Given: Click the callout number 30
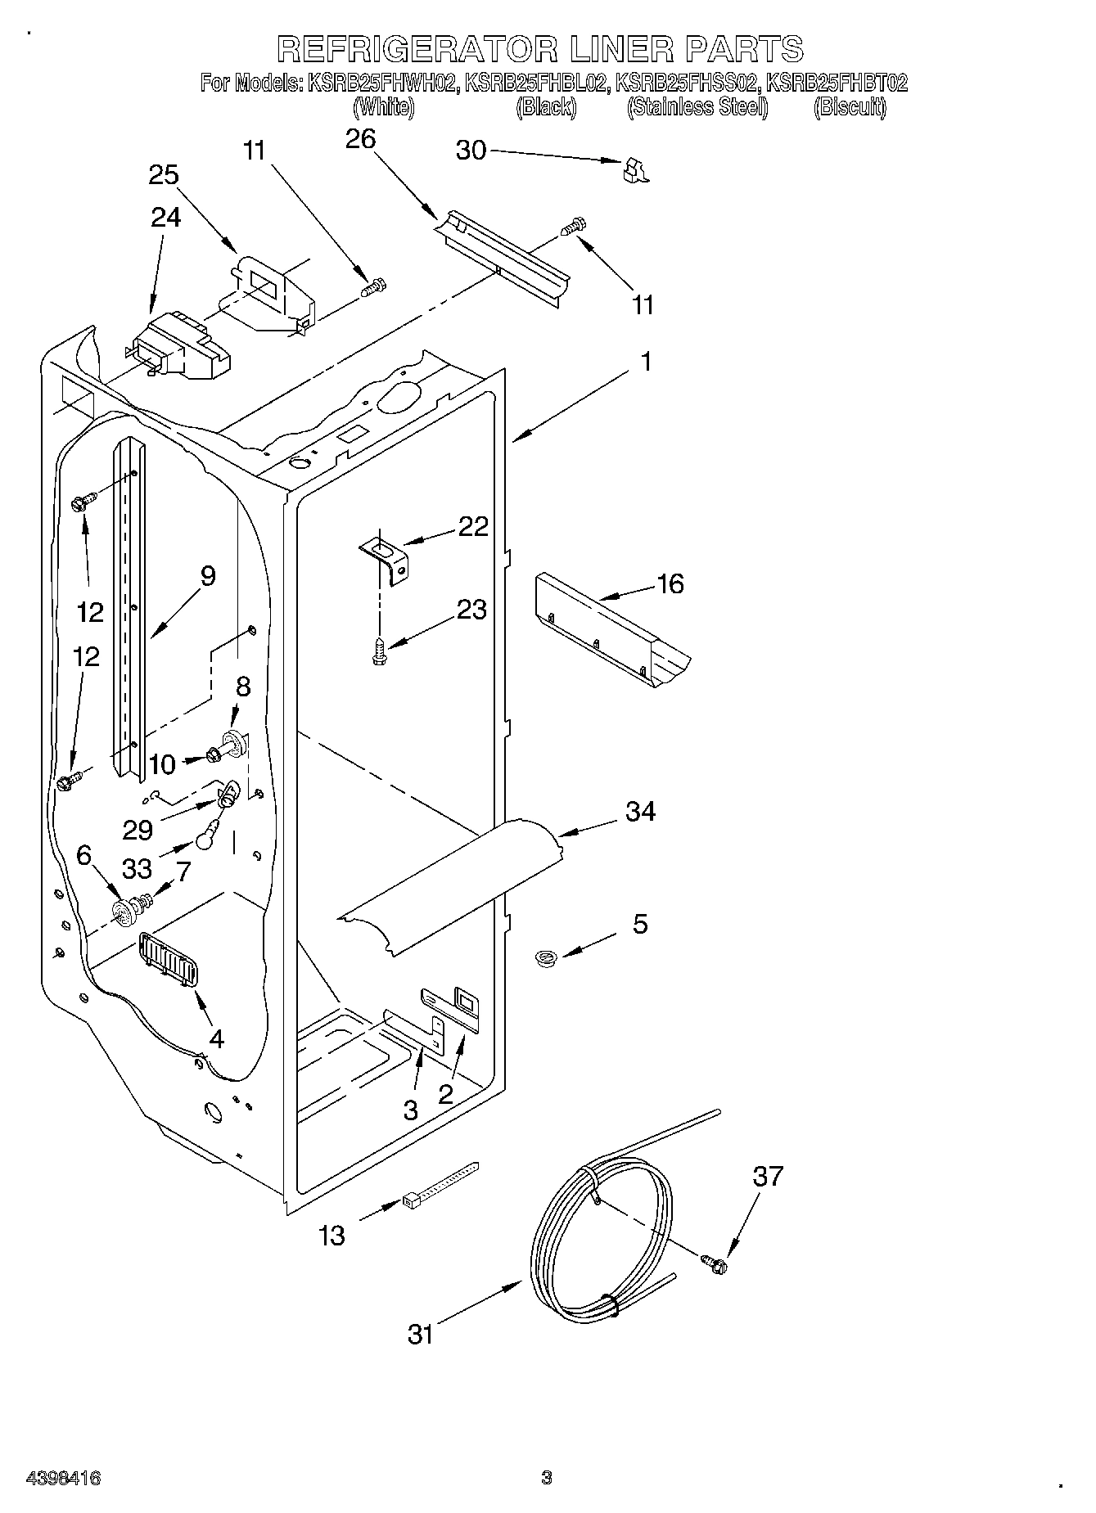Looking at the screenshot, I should (x=471, y=151).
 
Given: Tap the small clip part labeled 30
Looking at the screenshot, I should (x=634, y=169).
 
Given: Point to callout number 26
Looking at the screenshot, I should (x=360, y=140).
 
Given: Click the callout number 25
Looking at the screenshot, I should (x=164, y=175).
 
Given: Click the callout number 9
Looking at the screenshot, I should (x=208, y=576).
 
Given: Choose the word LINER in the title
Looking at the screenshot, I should (x=619, y=50).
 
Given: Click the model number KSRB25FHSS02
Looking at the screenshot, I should (x=687, y=83).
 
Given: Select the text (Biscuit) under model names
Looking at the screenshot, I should (x=850, y=107).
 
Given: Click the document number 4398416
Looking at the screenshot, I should (x=64, y=1478).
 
